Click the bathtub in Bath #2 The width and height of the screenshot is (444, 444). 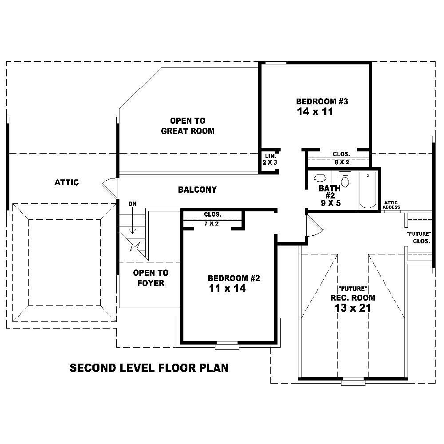pos(368,190)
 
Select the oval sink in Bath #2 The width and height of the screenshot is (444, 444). pos(320,178)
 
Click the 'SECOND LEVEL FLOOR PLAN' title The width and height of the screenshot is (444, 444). pos(149,368)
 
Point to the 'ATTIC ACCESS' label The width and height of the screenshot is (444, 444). pos(392,205)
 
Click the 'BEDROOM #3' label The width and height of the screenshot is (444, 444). pos(322,102)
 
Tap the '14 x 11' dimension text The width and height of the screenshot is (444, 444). pos(315,112)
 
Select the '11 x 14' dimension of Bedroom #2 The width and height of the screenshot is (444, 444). pos(227,289)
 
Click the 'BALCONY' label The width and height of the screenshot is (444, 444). pos(197,190)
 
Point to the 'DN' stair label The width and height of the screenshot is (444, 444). pos(132,203)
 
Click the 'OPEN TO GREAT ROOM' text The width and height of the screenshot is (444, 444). pos(187,126)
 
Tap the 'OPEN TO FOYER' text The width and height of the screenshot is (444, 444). pos(151,278)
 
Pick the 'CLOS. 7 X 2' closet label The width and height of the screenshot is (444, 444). pos(212,219)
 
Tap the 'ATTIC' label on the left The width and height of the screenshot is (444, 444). pos(67,182)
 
